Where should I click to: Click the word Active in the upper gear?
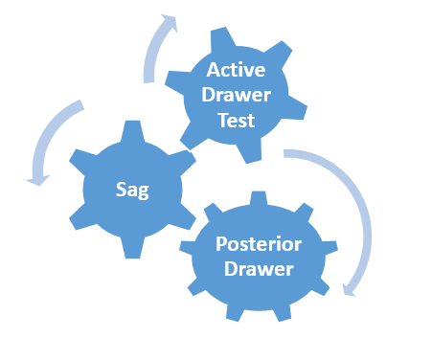pos(236,70)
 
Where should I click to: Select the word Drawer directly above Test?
pos(237,95)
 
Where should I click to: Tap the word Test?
pos(237,121)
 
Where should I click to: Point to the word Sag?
pos(132,191)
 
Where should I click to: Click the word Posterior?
pos(259,244)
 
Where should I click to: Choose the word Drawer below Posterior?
pos(259,269)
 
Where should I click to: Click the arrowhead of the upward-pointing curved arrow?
pos(169,22)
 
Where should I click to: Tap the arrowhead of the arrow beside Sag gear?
pos(38,180)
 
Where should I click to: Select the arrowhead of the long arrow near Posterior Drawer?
pos(348,290)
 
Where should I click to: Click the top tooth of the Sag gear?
pos(132,131)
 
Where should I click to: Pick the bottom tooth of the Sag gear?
pos(132,248)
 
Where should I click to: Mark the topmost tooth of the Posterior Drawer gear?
pos(259,198)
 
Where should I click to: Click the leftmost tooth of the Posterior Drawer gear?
pos(186,247)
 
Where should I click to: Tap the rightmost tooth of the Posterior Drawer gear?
pos(330,247)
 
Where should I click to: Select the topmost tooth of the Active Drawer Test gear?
pos(222,38)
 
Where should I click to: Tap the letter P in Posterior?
pos(221,244)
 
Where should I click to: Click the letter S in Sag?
pos(121,190)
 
